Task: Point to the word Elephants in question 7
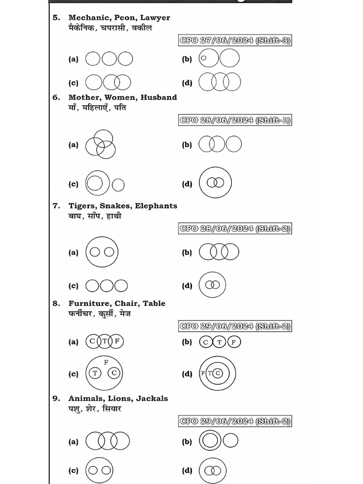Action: click(x=156, y=206)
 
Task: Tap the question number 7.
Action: click(x=56, y=206)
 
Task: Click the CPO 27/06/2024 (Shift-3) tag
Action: click(x=234, y=41)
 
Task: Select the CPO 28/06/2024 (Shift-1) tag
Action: click(x=234, y=120)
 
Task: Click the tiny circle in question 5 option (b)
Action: click(x=204, y=59)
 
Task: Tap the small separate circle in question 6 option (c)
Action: click(x=118, y=185)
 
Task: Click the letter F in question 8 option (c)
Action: click(x=106, y=362)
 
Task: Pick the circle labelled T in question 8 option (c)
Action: click(x=95, y=373)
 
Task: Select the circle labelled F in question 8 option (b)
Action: click(x=234, y=342)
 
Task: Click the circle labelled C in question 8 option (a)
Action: click(x=92, y=341)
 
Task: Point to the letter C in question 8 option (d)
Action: click(x=217, y=373)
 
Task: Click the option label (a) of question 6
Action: click(x=73, y=145)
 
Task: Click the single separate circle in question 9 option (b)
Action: click(x=231, y=441)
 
